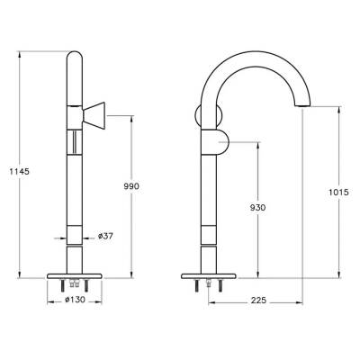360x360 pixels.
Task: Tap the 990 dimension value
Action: click(133, 185)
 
